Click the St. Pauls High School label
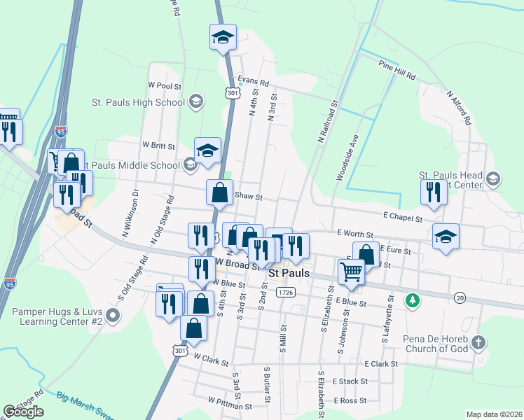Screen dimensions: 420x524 point(138,102)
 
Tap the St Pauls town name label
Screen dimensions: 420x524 point(289,272)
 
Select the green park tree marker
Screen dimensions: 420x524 point(414,301)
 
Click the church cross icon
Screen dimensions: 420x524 point(478,342)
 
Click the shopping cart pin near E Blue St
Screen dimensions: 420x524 point(351,271)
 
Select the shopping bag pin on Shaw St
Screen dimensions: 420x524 point(220,193)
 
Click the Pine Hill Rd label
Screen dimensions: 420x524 point(397,69)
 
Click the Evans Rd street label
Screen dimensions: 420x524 point(253,82)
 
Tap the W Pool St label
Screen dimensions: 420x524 point(165,85)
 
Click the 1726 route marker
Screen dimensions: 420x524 point(284,291)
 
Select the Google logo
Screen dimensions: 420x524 point(23,412)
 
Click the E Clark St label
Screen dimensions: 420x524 point(381,364)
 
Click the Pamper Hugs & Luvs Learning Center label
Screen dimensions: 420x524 point(57,315)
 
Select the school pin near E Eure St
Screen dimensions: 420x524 point(445,237)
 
